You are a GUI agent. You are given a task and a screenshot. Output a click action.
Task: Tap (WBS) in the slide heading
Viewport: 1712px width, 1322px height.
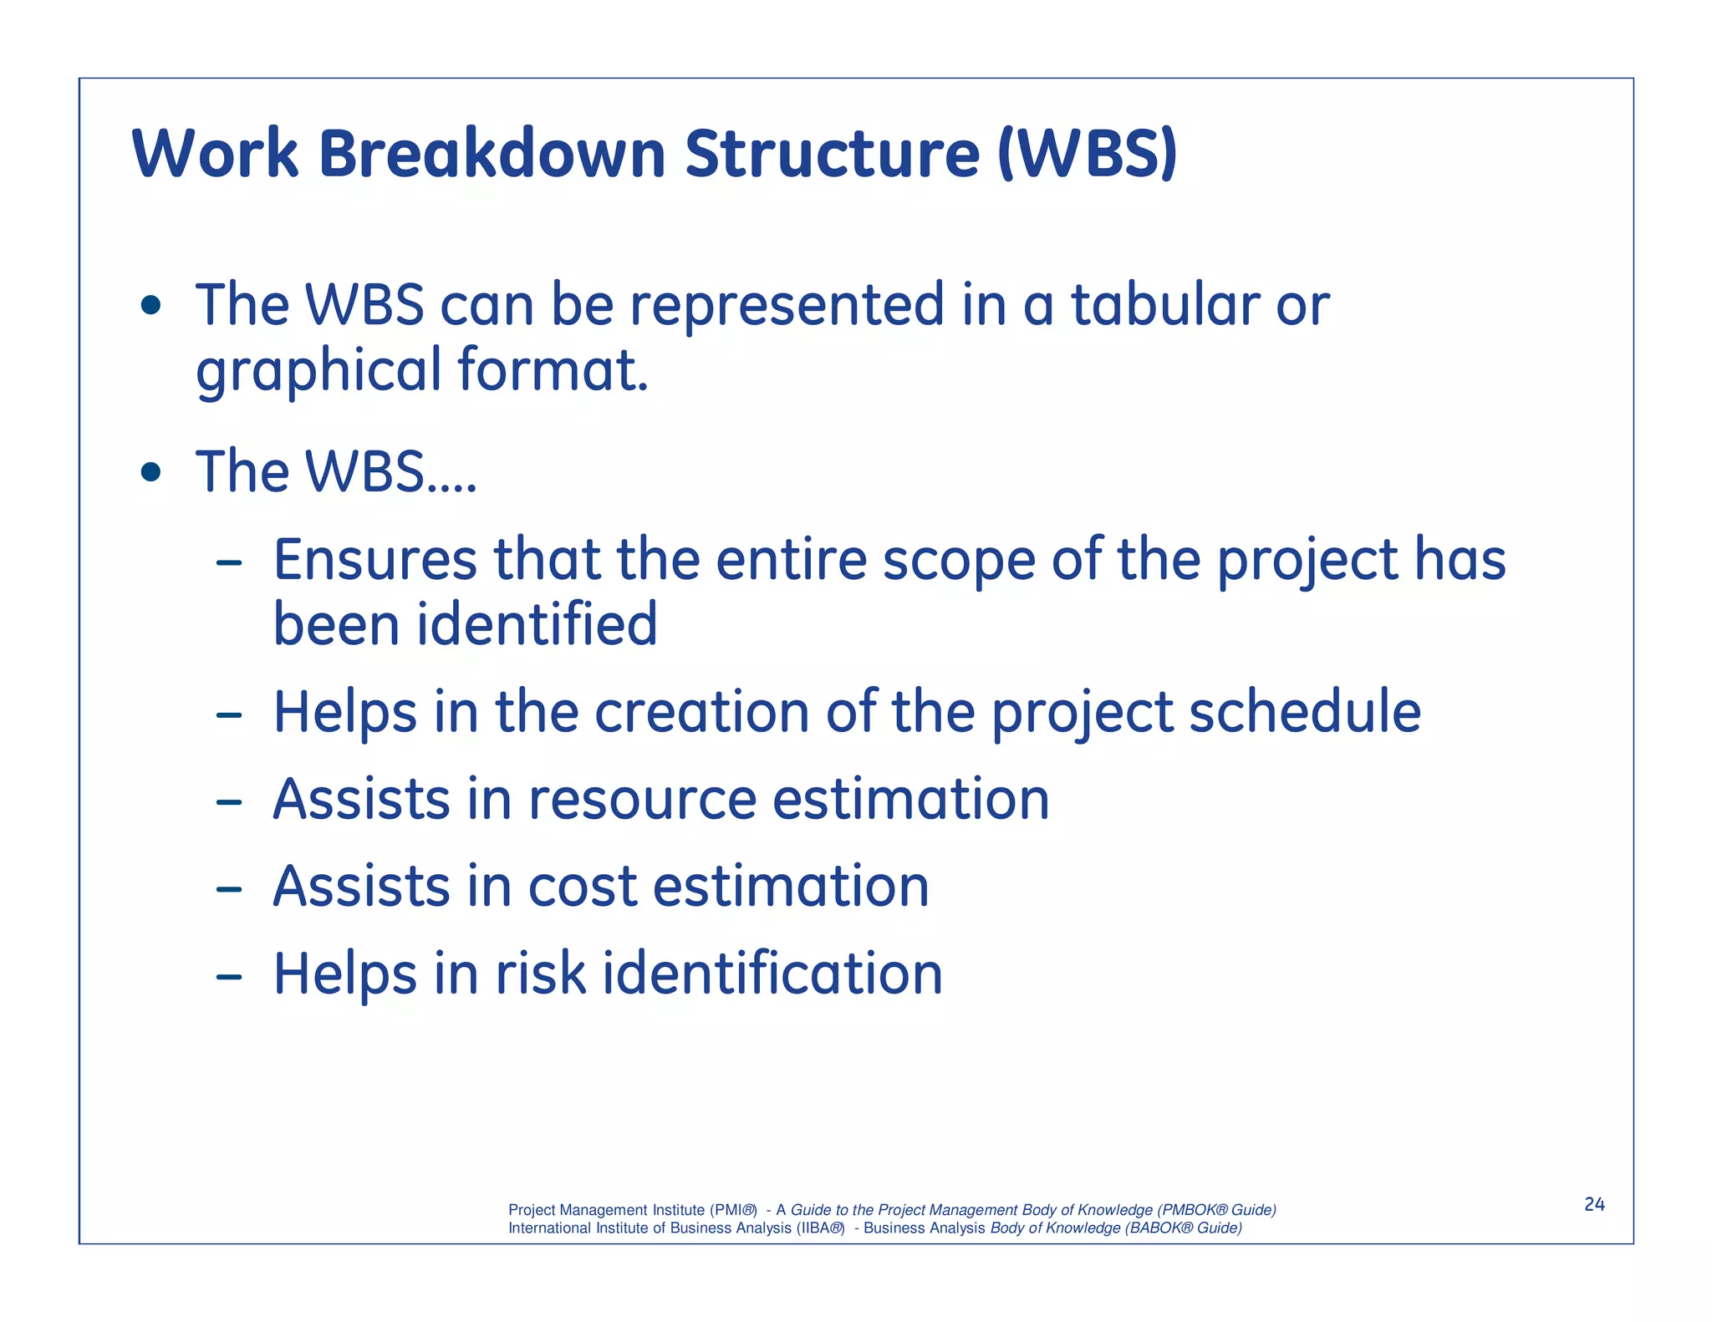point(1087,155)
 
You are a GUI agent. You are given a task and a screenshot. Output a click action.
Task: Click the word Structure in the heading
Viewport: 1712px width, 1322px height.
point(832,155)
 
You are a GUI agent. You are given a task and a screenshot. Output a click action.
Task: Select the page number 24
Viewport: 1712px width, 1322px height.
point(1594,1204)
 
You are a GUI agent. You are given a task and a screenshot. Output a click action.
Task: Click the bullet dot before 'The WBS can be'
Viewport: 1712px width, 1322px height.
point(150,305)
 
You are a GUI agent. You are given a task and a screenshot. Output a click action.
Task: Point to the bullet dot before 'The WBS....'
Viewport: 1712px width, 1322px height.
point(150,473)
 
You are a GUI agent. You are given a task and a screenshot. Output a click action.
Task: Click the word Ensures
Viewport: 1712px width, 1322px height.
point(374,559)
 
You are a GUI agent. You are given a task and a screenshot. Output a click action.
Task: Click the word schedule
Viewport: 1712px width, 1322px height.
point(1304,712)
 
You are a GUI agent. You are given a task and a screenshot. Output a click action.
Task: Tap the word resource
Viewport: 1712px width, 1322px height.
point(642,801)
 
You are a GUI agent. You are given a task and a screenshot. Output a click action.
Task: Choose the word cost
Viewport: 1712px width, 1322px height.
point(583,887)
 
